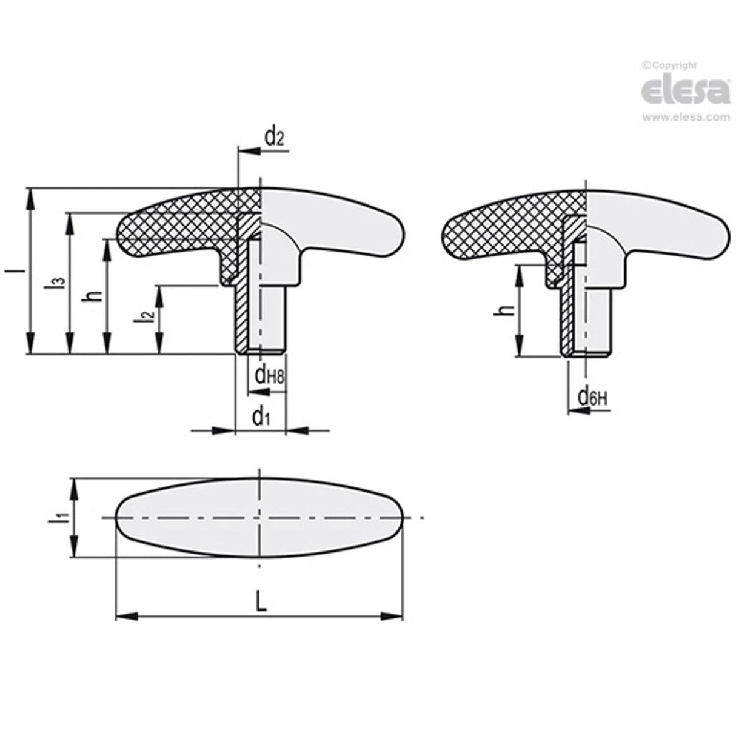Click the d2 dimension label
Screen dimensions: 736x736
tap(273, 138)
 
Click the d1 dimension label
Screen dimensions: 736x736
tap(260, 417)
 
